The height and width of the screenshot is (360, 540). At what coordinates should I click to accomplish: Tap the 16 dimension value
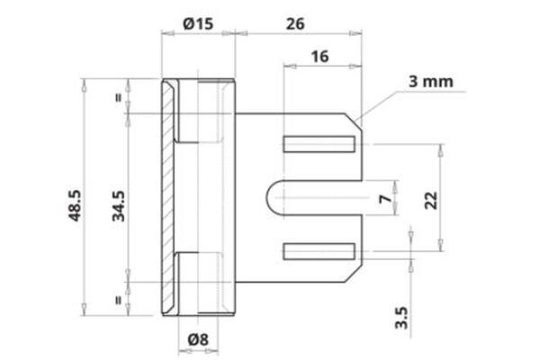tap(319, 56)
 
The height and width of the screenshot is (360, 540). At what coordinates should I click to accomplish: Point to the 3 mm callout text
tap(429, 82)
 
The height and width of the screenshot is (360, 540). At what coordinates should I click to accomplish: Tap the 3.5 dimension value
tap(402, 319)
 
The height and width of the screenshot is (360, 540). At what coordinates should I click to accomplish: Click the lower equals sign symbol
tap(118, 298)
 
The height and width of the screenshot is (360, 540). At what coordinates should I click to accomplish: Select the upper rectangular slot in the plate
tap(319, 144)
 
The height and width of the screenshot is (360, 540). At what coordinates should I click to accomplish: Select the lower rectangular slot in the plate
tap(319, 251)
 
